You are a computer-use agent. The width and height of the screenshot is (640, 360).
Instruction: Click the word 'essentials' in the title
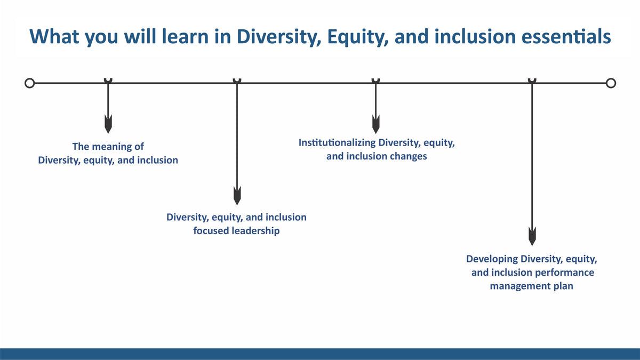pos(566,37)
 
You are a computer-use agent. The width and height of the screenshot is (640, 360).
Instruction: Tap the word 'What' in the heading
pos(54,37)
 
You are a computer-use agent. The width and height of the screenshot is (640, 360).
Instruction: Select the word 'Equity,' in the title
pos(358,38)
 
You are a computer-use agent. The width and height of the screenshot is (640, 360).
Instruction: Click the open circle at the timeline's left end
pos(30,83)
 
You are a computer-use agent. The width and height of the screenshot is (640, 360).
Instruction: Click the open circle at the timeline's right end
pos(611,83)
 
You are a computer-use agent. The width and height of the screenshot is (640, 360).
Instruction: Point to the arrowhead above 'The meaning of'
pos(108,124)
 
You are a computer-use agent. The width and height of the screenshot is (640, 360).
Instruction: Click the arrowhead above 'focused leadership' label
pos(237,196)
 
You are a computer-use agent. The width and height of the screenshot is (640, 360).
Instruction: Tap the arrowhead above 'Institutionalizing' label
pos(375,124)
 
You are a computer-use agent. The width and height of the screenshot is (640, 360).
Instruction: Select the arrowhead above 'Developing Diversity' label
pos(532,236)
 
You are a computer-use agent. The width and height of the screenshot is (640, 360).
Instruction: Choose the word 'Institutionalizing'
pos(337,142)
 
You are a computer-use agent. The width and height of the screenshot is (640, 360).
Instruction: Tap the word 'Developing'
pos(492,259)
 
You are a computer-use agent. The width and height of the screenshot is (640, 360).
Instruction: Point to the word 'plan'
pos(563,286)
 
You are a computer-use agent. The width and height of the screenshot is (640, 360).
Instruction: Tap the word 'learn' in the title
pos(185,37)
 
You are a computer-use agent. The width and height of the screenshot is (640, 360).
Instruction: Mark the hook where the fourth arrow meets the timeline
pos(532,81)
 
